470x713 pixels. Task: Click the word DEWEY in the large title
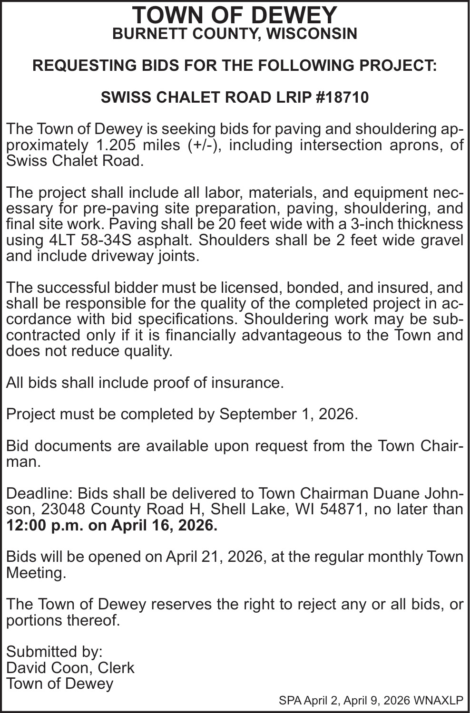(294, 16)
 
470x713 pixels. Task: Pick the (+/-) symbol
(200, 145)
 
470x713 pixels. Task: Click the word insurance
(247, 383)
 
